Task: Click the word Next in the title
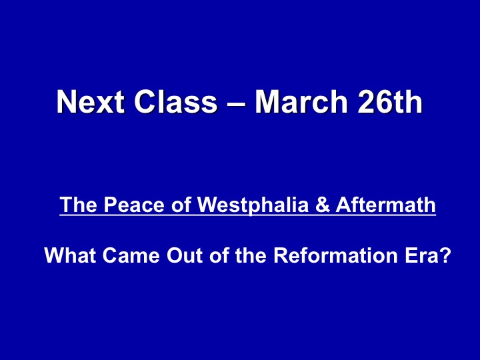coord(91,101)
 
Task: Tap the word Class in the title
coord(176,101)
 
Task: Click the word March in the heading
coord(301,101)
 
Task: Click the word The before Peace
coord(79,205)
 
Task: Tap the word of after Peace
coord(181,205)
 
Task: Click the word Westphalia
coord(253,205)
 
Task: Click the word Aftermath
coord(386,205)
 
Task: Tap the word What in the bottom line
coord(70,255)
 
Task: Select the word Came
coord(131,255)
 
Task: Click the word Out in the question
coord(185,255)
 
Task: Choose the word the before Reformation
coord(251,255)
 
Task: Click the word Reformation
coord(335,255)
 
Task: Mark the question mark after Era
coord(444,255)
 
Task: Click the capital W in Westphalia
coord(208,205)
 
